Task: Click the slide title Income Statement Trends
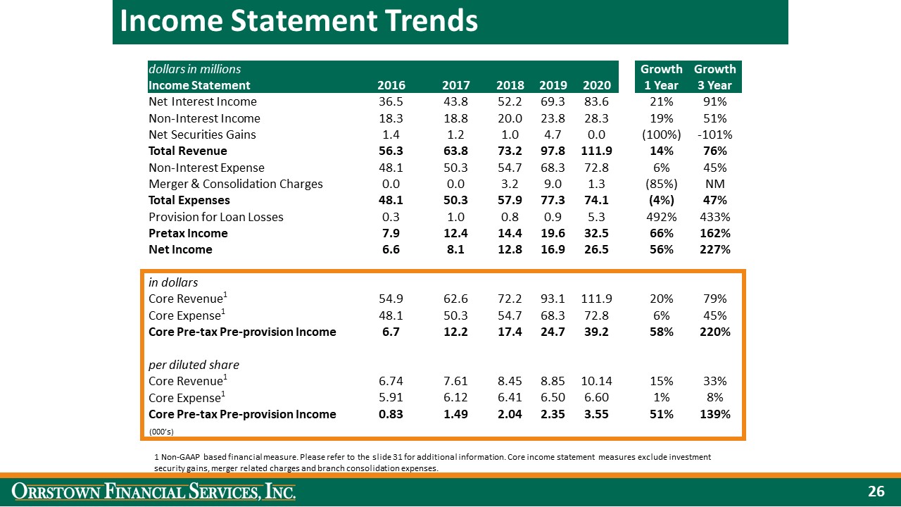point(299,21)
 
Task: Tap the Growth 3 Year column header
point(715,77)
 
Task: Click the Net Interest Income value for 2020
point(597,101)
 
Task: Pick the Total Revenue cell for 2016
point(391,151)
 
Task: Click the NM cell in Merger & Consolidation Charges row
point(715,184)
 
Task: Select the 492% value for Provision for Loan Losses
point(661,216)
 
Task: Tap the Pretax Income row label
point(188,233)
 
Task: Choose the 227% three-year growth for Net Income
point(715,249)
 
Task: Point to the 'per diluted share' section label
point(194,365)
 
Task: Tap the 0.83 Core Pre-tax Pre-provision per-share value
point(391,414)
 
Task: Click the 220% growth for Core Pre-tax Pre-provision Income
point(715,332)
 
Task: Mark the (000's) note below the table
point(161,431)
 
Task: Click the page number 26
point(876,492)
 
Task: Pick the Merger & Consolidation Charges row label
point(236,184)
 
